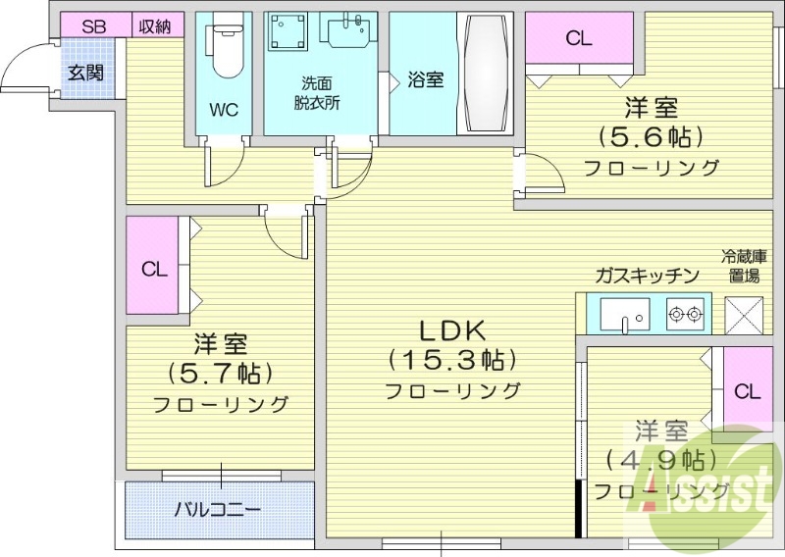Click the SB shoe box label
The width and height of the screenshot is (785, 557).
93,26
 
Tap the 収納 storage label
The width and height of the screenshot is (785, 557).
154,26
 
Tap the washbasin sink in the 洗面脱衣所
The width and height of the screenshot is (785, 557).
349,36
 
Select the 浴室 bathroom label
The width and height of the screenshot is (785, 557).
425,79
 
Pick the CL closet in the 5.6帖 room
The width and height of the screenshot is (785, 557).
578,40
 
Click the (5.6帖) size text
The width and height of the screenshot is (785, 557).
652,135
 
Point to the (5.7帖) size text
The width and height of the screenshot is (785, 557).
220,373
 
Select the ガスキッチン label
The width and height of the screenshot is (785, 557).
646,275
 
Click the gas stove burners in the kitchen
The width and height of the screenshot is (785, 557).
685,315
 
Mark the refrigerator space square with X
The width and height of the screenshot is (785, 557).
743,315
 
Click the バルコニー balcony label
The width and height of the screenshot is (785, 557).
218,510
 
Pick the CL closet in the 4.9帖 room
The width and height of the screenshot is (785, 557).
747,391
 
